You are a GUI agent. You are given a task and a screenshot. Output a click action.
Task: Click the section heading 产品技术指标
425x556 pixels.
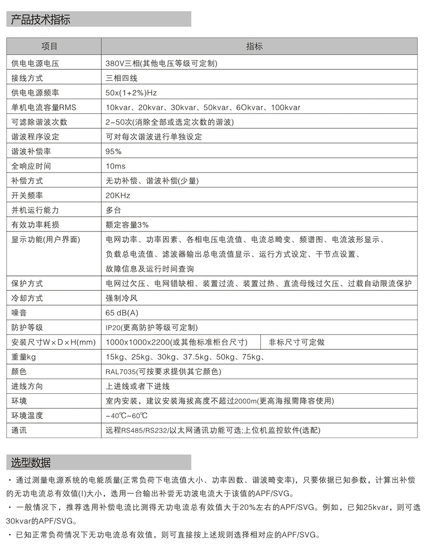point(41,19)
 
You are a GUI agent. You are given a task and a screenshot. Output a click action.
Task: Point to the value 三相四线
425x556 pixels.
point(121,78)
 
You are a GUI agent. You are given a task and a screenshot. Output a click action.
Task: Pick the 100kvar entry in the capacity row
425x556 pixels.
point(286,108)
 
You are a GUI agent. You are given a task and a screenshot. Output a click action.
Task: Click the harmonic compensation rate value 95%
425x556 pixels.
point(113,151)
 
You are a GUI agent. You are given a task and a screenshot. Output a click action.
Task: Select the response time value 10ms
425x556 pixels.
point(116,166)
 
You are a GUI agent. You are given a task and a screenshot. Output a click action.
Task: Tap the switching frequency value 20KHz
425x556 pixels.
point(118,195)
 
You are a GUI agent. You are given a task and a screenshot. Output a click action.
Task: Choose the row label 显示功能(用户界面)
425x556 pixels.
point(46,240)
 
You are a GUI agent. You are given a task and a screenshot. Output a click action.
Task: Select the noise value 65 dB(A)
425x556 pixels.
point(122,313)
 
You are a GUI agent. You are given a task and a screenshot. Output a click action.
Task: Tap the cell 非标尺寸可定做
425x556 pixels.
point(297,342)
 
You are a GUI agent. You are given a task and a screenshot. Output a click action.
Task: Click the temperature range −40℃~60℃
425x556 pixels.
point(127,415)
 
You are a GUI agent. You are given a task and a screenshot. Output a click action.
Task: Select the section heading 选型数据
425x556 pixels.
point(31,462)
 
